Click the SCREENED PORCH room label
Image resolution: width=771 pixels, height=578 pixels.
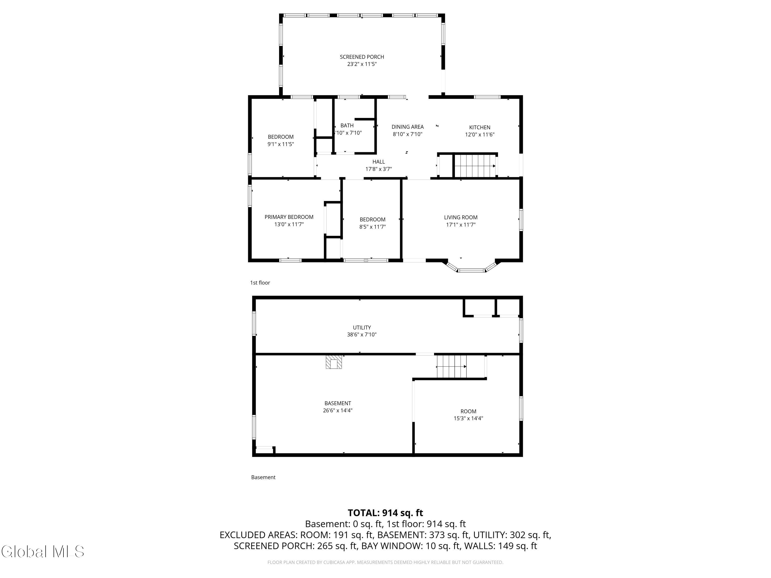[x=362, y=57]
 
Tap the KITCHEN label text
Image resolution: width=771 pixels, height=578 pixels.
[x=480, y=127]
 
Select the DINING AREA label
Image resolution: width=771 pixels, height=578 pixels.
[x=407, y=127]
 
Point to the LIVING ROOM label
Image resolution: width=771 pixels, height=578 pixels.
[x=461, y=217]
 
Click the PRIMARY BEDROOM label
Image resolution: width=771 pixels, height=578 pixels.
[x=289, y=217]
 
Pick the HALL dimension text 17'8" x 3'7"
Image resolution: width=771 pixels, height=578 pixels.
[x=379, y=169]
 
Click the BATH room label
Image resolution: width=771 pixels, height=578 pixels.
[x=347, y=125]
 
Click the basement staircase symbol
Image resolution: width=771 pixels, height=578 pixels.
[x=452, y=367]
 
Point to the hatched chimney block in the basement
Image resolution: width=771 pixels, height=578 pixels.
[x=334, y=362]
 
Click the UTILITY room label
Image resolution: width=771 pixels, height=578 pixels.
[x=362, y=328]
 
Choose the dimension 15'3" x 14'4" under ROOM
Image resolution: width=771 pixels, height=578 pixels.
[x=468, y=418]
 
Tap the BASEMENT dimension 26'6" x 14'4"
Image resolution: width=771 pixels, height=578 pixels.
[x=338, y=411]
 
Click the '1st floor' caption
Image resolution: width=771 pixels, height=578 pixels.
[x=260, y=283]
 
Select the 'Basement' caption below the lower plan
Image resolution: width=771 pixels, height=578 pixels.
[x=263, y=477]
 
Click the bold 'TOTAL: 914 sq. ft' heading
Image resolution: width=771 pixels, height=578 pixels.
[x=385, y=513]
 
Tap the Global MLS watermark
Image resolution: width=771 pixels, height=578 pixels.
[x=42, y=552]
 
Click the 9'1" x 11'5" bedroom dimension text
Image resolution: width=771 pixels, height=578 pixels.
[x=281, y=144]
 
